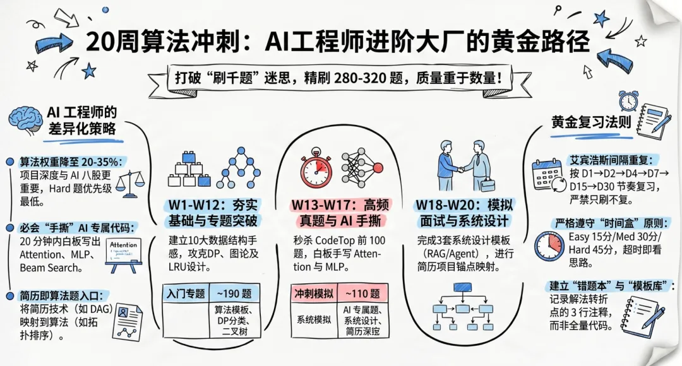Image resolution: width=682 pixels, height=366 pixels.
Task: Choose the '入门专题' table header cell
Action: (x=186, y=293)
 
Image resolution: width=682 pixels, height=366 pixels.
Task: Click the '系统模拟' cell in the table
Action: (x=313, y=319)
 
